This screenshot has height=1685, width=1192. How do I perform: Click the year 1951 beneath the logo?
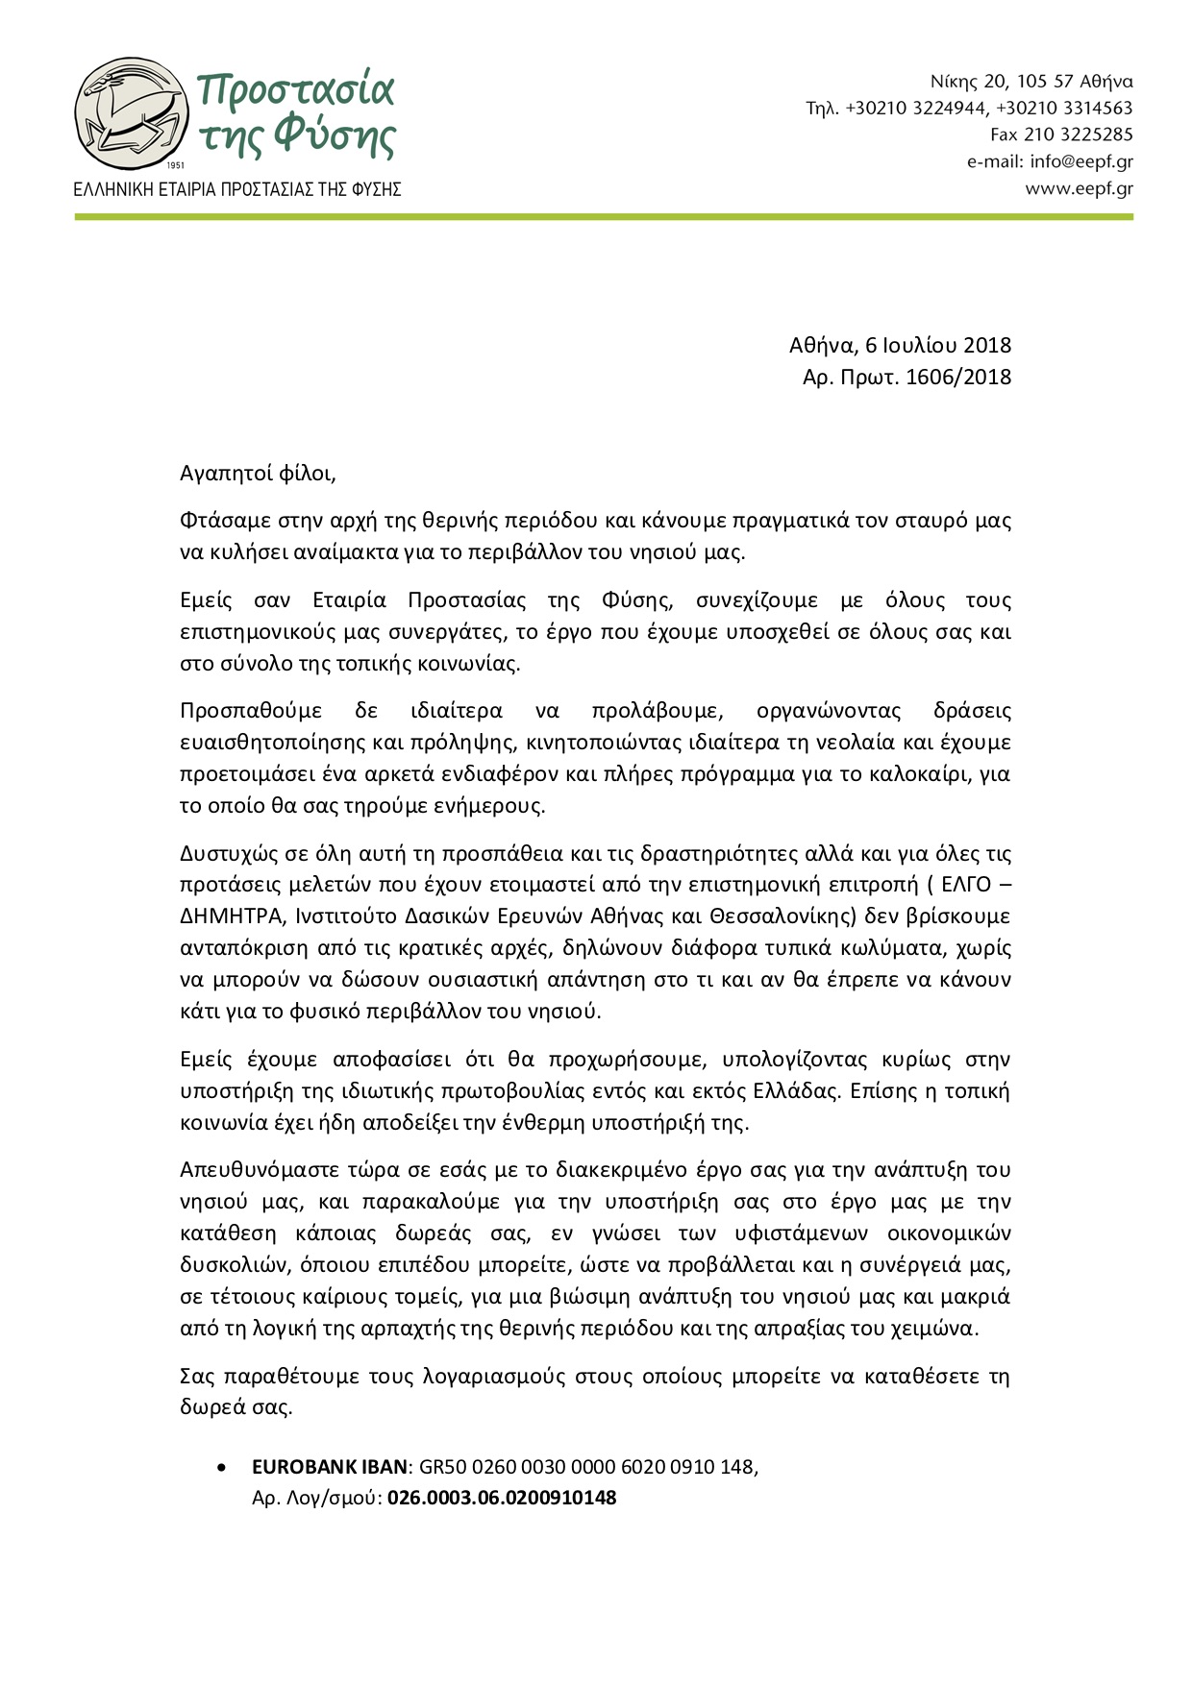pos(174,165)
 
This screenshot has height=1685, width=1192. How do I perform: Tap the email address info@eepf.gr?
pos(1080,161)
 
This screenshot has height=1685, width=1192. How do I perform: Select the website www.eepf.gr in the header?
pos(1079,188)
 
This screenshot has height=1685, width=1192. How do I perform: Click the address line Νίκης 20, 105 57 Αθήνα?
pos(1031,81)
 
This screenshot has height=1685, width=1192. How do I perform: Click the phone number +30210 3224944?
pos(916,108)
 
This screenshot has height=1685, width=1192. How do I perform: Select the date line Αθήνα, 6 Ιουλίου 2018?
pos(900,345)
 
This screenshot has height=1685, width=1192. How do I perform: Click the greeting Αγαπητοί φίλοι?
pos(258,473)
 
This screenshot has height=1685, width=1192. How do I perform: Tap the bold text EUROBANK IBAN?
pos(331,1467)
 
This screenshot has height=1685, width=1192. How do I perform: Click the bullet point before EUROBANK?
pos(224,1468)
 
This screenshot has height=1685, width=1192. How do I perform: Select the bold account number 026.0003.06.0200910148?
pos(502,1498)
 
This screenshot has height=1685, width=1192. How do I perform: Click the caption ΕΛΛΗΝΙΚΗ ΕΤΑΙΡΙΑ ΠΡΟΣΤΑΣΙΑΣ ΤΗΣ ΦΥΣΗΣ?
pos(237,189)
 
